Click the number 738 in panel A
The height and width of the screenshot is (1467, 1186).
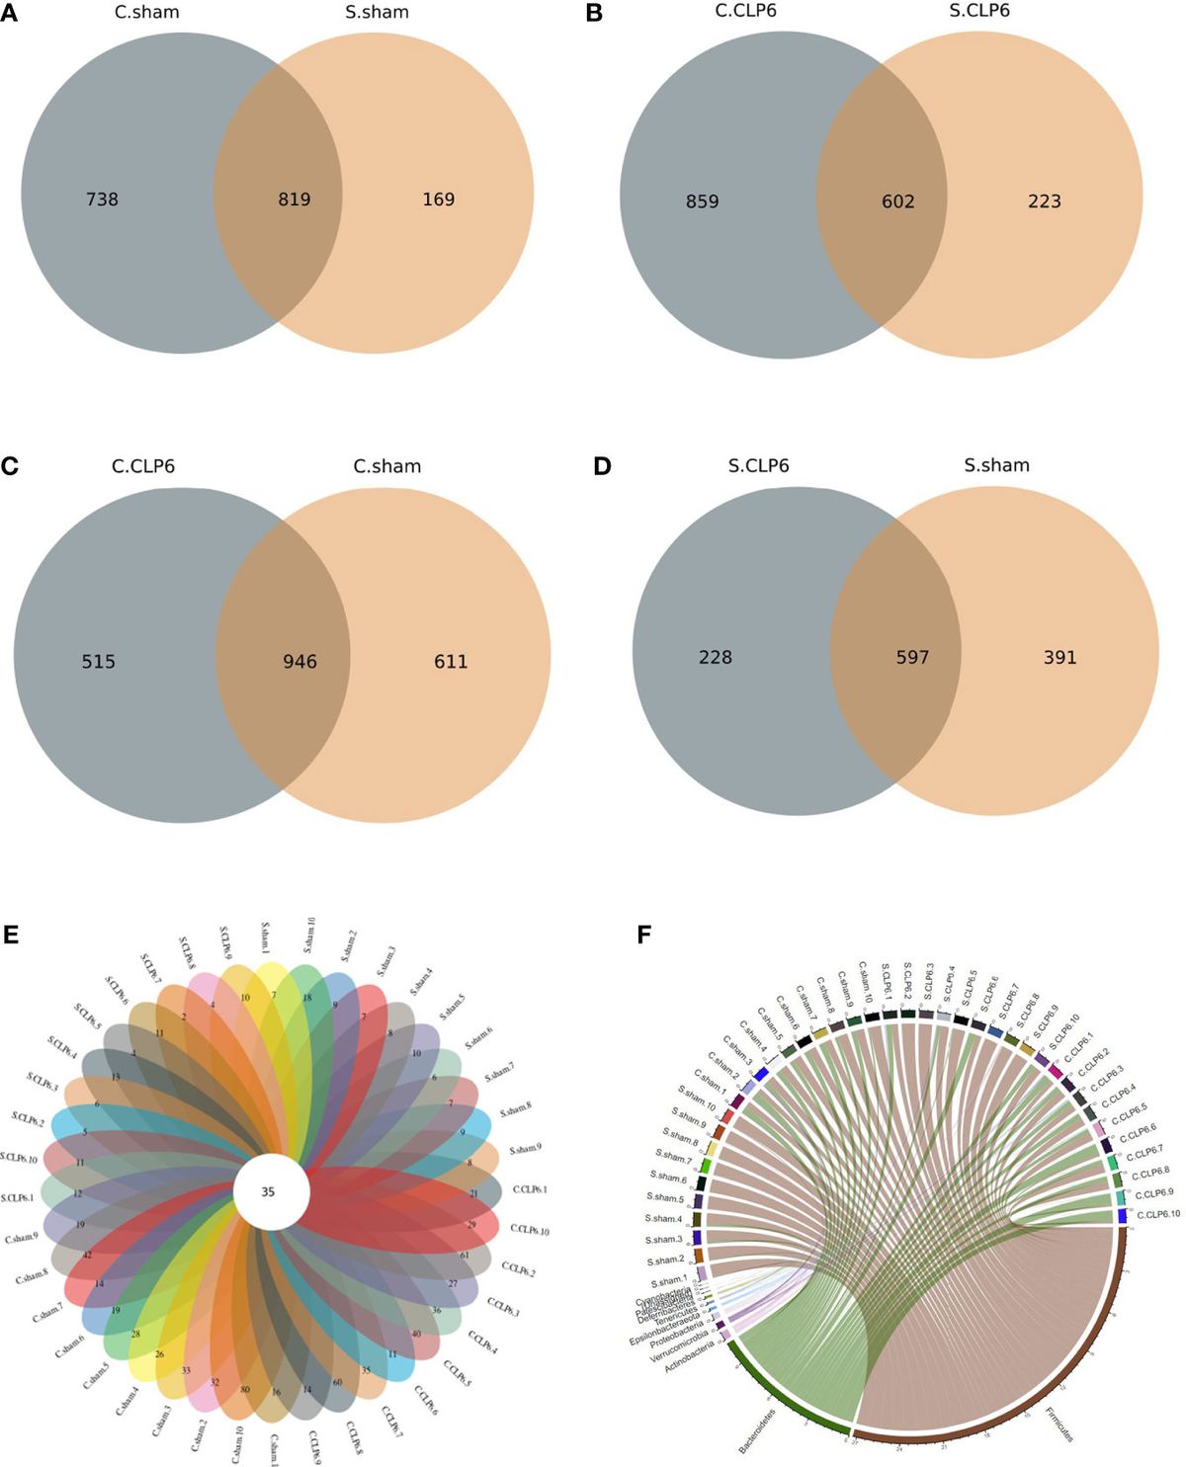pyautogui.click(x=102, y=200)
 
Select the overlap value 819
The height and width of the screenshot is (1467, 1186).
pyautogui.click(x=295, y=200)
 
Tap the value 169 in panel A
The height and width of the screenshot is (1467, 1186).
pyautogui.click(x=439, y=200)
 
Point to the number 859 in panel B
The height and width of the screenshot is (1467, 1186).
pyautogui.click(x=703, y=202)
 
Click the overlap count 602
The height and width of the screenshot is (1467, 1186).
pyautogui.click(x=898, y=202)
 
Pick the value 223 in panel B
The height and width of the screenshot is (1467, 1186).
pyautogui.click(x=1045, y=202)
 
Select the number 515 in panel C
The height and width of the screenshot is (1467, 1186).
pyautogui.click(x=99, y=662)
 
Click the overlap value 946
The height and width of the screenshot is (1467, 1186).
pyautogui.click(x=300, y=662)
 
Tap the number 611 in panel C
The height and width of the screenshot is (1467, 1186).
pyautogui.click(x=451, y=662)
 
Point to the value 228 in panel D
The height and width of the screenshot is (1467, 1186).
pyautogui.click(x=716, y=657)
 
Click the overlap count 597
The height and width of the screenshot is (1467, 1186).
pyautogui.click(x=912, y=657)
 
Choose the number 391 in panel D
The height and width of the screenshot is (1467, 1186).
pyautogui.click(x=1060, y=657)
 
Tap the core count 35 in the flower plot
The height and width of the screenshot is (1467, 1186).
pyautogui.click(x=268, y=1192)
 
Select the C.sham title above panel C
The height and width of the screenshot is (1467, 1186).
pyautogui.click(x=387, y=466)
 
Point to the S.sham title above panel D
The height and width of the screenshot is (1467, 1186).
pyautogui.click(x=997, y=465)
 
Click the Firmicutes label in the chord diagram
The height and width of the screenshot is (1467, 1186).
pyautogui.click(x=1059, y=1425)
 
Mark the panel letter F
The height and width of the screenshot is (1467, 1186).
pyautogui.click(x=645, y=934)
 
